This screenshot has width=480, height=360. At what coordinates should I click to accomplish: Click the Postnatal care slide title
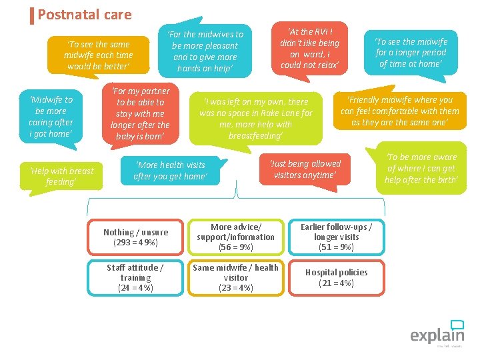85,15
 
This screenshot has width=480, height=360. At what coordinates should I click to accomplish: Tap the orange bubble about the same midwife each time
98,55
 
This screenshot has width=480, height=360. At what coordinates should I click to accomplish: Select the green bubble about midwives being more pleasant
205,51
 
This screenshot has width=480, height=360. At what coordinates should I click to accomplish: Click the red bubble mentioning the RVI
309,48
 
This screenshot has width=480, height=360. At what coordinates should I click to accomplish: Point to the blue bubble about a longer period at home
411,53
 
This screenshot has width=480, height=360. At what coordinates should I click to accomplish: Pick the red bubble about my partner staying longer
140,113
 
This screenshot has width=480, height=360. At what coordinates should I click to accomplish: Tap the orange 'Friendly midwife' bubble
400,111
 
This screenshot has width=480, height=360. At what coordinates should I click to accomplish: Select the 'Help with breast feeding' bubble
61,176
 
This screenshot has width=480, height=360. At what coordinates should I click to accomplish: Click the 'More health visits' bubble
170,171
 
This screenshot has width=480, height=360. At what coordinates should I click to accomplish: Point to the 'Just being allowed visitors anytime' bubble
305,169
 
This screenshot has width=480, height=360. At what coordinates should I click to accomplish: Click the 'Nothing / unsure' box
135,237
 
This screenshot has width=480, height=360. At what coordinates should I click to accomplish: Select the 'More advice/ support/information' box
236,237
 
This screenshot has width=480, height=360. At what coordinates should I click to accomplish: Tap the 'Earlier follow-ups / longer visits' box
336,237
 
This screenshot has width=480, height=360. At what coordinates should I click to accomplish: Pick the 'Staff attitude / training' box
135,277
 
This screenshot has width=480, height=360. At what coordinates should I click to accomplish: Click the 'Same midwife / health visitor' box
236,277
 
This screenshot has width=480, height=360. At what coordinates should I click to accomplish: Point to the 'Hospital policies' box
336,277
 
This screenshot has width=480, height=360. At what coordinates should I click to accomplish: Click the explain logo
437,333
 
